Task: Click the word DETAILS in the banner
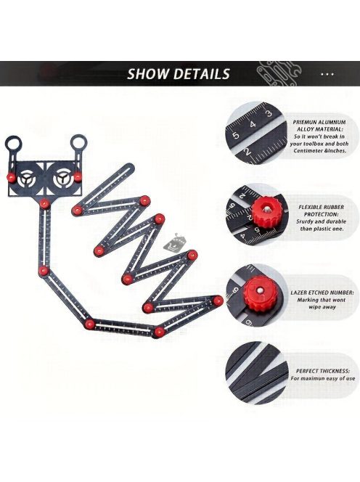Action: (201, 74)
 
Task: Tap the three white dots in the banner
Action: (327, 74)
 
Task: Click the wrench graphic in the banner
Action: (278, 73)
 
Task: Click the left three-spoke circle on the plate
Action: (28, 179)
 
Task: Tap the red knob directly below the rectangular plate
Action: (44, 203)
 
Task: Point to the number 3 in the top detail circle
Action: (269, 113)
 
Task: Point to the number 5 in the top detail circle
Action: (236, 135)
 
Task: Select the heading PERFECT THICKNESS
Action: (322, 372)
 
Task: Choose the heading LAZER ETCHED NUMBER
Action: (322, 293)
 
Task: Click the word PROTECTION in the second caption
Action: (321, 214)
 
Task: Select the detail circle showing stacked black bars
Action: (257, 372)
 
